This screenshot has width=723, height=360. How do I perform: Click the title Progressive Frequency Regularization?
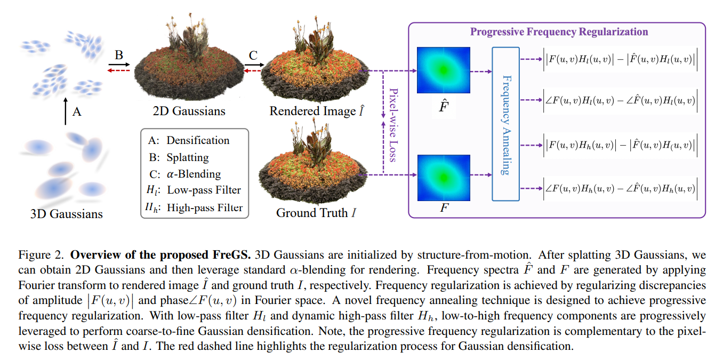pos(559,31)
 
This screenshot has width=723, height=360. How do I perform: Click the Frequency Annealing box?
pos(505,124)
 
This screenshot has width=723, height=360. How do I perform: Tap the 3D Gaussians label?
pos(66,214)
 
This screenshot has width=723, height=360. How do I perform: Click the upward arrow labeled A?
pos(65,111)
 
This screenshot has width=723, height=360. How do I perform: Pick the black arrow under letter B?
pos(119,64)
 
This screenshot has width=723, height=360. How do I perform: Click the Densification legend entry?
pos(189,141)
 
